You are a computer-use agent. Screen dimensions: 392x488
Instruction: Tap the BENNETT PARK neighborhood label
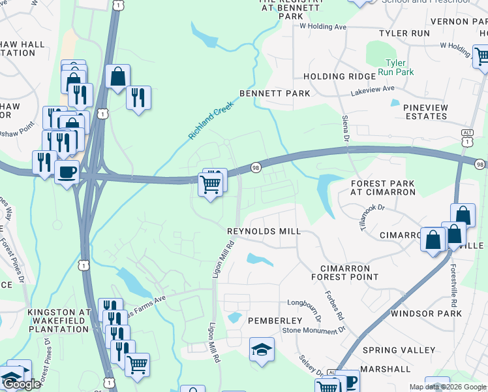click(x=275, y=93)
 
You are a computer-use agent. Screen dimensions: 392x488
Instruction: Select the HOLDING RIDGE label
click(x=340, y=76)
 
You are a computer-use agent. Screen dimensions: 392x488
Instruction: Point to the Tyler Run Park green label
click(x=395, y=67)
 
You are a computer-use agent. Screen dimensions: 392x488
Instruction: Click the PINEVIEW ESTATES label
click(x=425, y=111)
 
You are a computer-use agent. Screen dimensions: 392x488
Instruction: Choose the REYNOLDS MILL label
click(x=264, y=231)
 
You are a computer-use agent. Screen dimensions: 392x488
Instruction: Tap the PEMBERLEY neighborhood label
click(x=275, y=321)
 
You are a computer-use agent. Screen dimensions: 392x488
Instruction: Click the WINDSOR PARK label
click(x=426, y=314)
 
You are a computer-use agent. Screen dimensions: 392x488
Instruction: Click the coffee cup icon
click(x=67, y=173)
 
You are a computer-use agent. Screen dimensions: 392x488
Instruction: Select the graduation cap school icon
click(x=262, y=349)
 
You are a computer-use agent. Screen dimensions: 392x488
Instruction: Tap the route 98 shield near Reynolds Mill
click(x=256, y=168)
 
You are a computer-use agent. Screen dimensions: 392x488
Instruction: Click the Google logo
click(x=22, y=384)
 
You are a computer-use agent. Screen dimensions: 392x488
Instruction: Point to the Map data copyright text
click(x=448, y=387)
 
